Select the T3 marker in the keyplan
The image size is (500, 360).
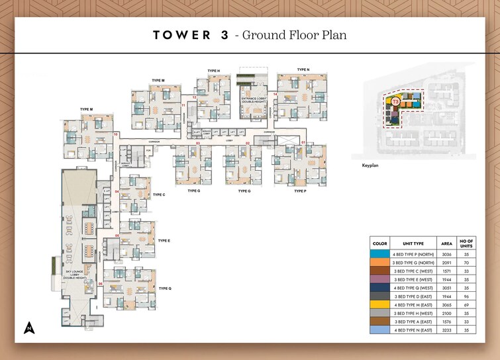click(x=395, y=102)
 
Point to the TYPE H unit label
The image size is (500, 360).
click(x=213, y=70)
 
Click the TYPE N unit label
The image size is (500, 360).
click(x=303, y=69)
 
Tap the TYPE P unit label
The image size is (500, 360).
click(x=301, y=191)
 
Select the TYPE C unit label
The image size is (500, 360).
click(x=159, y=195)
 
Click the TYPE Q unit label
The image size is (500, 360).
click(x=165, y=289)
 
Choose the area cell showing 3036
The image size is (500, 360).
click(x=446, y=254)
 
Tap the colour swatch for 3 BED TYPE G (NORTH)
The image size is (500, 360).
click(x=379, y=263)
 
